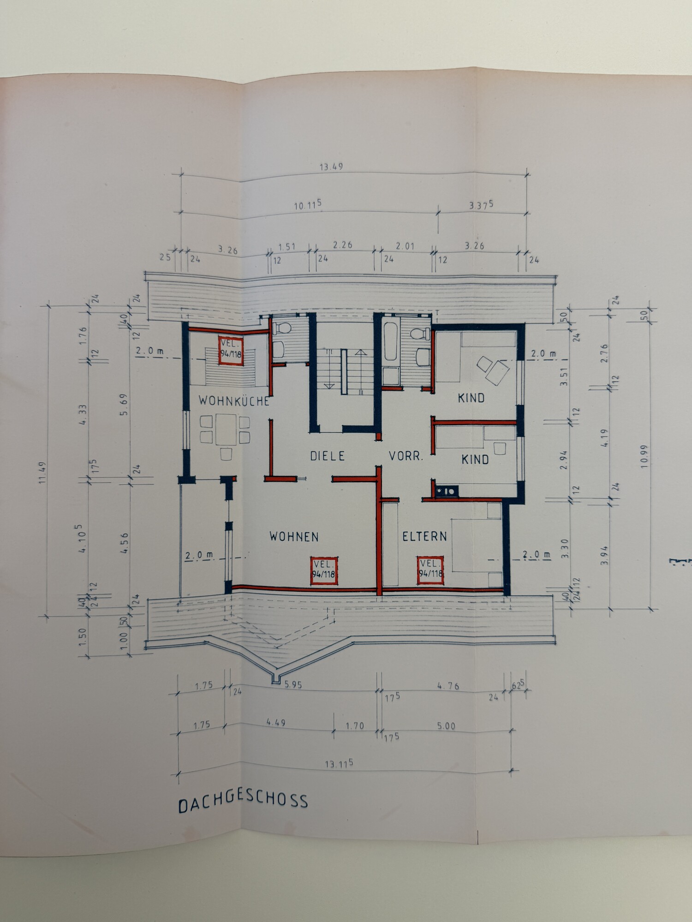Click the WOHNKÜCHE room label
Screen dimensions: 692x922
coord(234,400)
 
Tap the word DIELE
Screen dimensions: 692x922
coord(327,456)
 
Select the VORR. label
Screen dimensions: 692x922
coord(406,456)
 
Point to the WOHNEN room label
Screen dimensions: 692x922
coord(294,536)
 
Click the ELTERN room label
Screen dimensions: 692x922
coord(424,536)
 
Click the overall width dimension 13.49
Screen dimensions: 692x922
coord(331,167)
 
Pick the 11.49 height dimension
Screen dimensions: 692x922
coord(43,472)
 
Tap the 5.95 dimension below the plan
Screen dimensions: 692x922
coord(293,685)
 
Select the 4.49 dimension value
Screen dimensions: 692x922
coord(276,722)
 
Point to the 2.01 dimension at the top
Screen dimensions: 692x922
coord(405,246)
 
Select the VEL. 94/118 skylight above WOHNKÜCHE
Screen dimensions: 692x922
coord(231,350)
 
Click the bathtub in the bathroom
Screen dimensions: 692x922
coord(391,342)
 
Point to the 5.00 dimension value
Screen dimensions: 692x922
coord(446,726)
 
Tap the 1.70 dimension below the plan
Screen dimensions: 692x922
coord(355,726)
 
